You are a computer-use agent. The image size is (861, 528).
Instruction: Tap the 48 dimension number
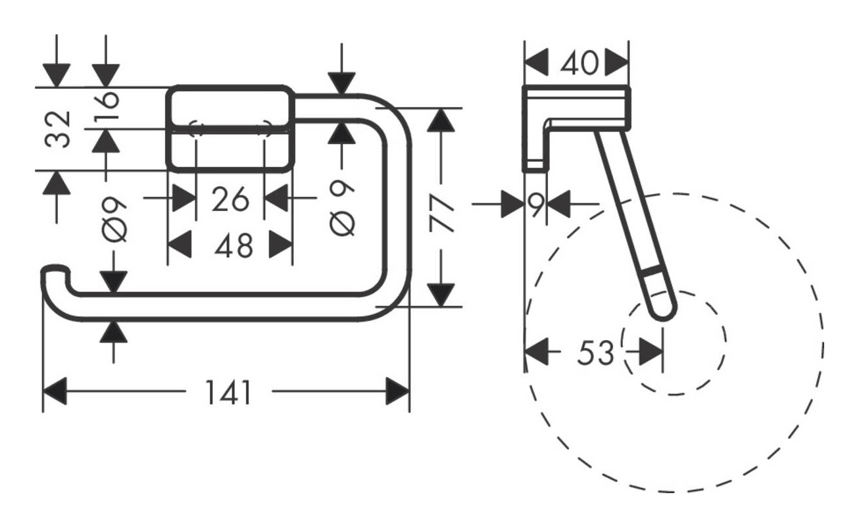pos(234,246)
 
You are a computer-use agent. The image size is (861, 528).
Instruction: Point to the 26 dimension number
pos(230,199)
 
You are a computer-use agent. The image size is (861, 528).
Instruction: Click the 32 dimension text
pos(58,129)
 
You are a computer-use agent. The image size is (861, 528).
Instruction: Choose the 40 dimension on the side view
pos(581,63)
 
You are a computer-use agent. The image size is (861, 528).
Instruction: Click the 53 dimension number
pos(595,354)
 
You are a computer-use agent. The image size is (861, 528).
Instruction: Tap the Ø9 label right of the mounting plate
pos(342,208)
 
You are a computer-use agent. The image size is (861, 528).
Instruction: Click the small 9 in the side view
pos(536,205)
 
